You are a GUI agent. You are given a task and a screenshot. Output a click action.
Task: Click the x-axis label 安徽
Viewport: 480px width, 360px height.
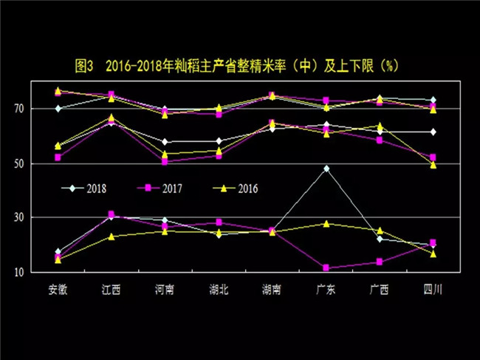(58, 289)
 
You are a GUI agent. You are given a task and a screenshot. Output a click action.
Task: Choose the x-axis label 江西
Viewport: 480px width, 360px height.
(112, 289)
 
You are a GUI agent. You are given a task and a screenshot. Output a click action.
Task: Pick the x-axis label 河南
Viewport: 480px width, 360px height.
(165, 289)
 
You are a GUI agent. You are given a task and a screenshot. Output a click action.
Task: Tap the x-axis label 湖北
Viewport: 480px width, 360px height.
(219, 289)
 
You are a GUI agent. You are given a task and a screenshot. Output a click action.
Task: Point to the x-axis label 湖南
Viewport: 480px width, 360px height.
(272, 289)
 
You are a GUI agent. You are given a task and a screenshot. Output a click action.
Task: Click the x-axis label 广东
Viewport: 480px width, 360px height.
(326, 289)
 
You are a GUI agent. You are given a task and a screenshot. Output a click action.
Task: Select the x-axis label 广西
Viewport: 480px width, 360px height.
(379, 289)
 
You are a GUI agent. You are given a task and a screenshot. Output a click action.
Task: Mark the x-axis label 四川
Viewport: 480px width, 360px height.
(433, 289)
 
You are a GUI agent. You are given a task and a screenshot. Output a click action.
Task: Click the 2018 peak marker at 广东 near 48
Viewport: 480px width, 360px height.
(326, 169)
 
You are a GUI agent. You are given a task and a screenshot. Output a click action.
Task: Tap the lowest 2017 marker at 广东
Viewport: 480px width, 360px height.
(326, 268)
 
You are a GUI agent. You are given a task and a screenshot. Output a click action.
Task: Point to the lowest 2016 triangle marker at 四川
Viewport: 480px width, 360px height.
(433, 254)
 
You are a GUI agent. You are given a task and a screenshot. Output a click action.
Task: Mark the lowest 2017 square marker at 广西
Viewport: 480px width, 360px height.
(379, 262)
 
